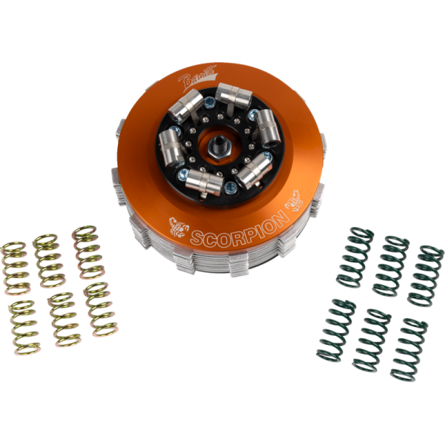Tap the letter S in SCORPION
[x=198, y=240]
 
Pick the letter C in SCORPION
[x=212, y=238]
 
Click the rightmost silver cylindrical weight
[x=268, y=126]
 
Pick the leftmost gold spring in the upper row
[x=15, y=266]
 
